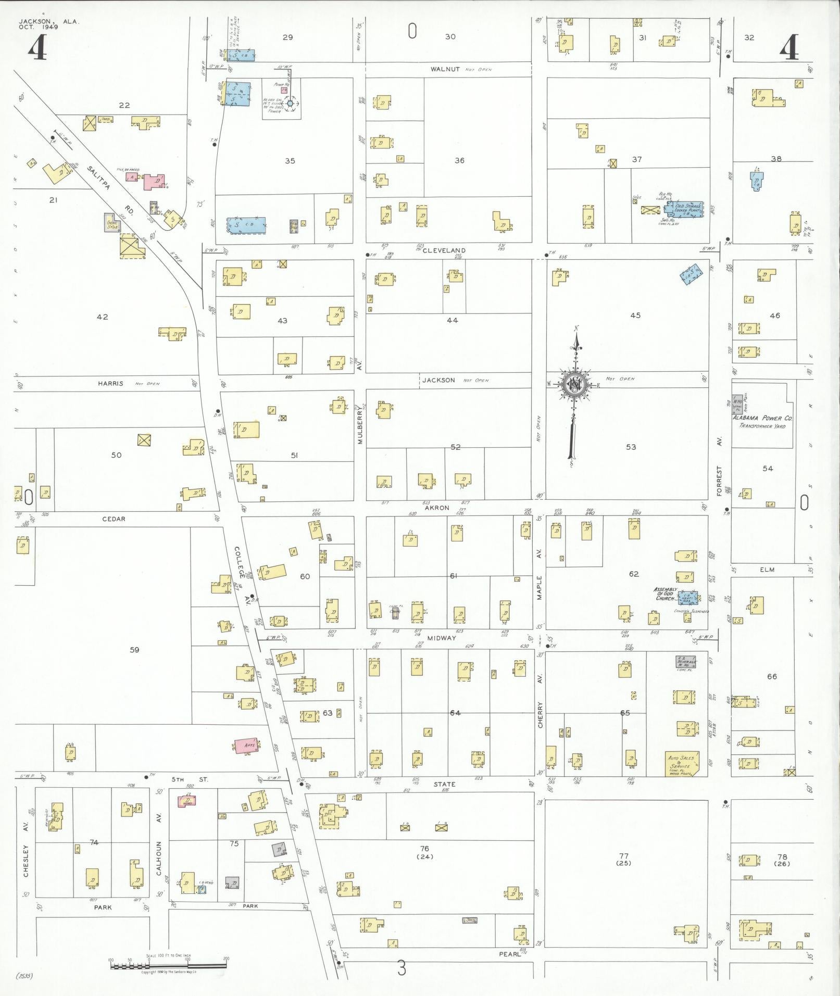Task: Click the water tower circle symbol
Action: click(291, 103)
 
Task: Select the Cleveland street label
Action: click(444, 250)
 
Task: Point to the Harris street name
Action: click(111, 384)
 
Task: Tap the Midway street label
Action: click(442, 638)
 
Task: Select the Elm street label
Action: click(767, 570)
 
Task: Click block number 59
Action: click(134, 650)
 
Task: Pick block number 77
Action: click(623, 855)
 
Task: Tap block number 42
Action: click(103, 317)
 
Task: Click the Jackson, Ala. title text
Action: click(49, 21)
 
